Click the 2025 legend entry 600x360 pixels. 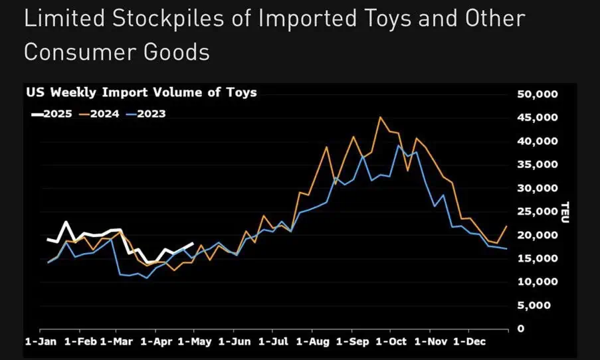(x=52, y=114)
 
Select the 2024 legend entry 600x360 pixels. (x=99, y=114)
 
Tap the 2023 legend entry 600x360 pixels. (x=146, y=114)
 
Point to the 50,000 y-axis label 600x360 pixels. (x=538, y=94)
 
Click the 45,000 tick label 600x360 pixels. (x=538, y=118)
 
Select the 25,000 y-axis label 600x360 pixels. (x=538, y=212)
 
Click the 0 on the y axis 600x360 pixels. (x=521, y=329)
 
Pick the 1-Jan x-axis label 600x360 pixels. (x=41, y=341)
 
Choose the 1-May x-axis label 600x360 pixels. (x=195, y=341)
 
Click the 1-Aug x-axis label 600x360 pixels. (x=313, y=341)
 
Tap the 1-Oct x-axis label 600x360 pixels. (x=391, y=341)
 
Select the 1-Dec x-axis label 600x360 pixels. (x=469, y=341)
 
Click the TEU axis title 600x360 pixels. (x=565, y=212)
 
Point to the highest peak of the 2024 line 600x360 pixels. (x=380, y=118)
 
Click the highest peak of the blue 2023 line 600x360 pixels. (x=399, y=145)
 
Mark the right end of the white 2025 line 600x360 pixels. (x=193, y=243)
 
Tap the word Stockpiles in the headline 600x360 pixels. (x=168, y=19)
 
